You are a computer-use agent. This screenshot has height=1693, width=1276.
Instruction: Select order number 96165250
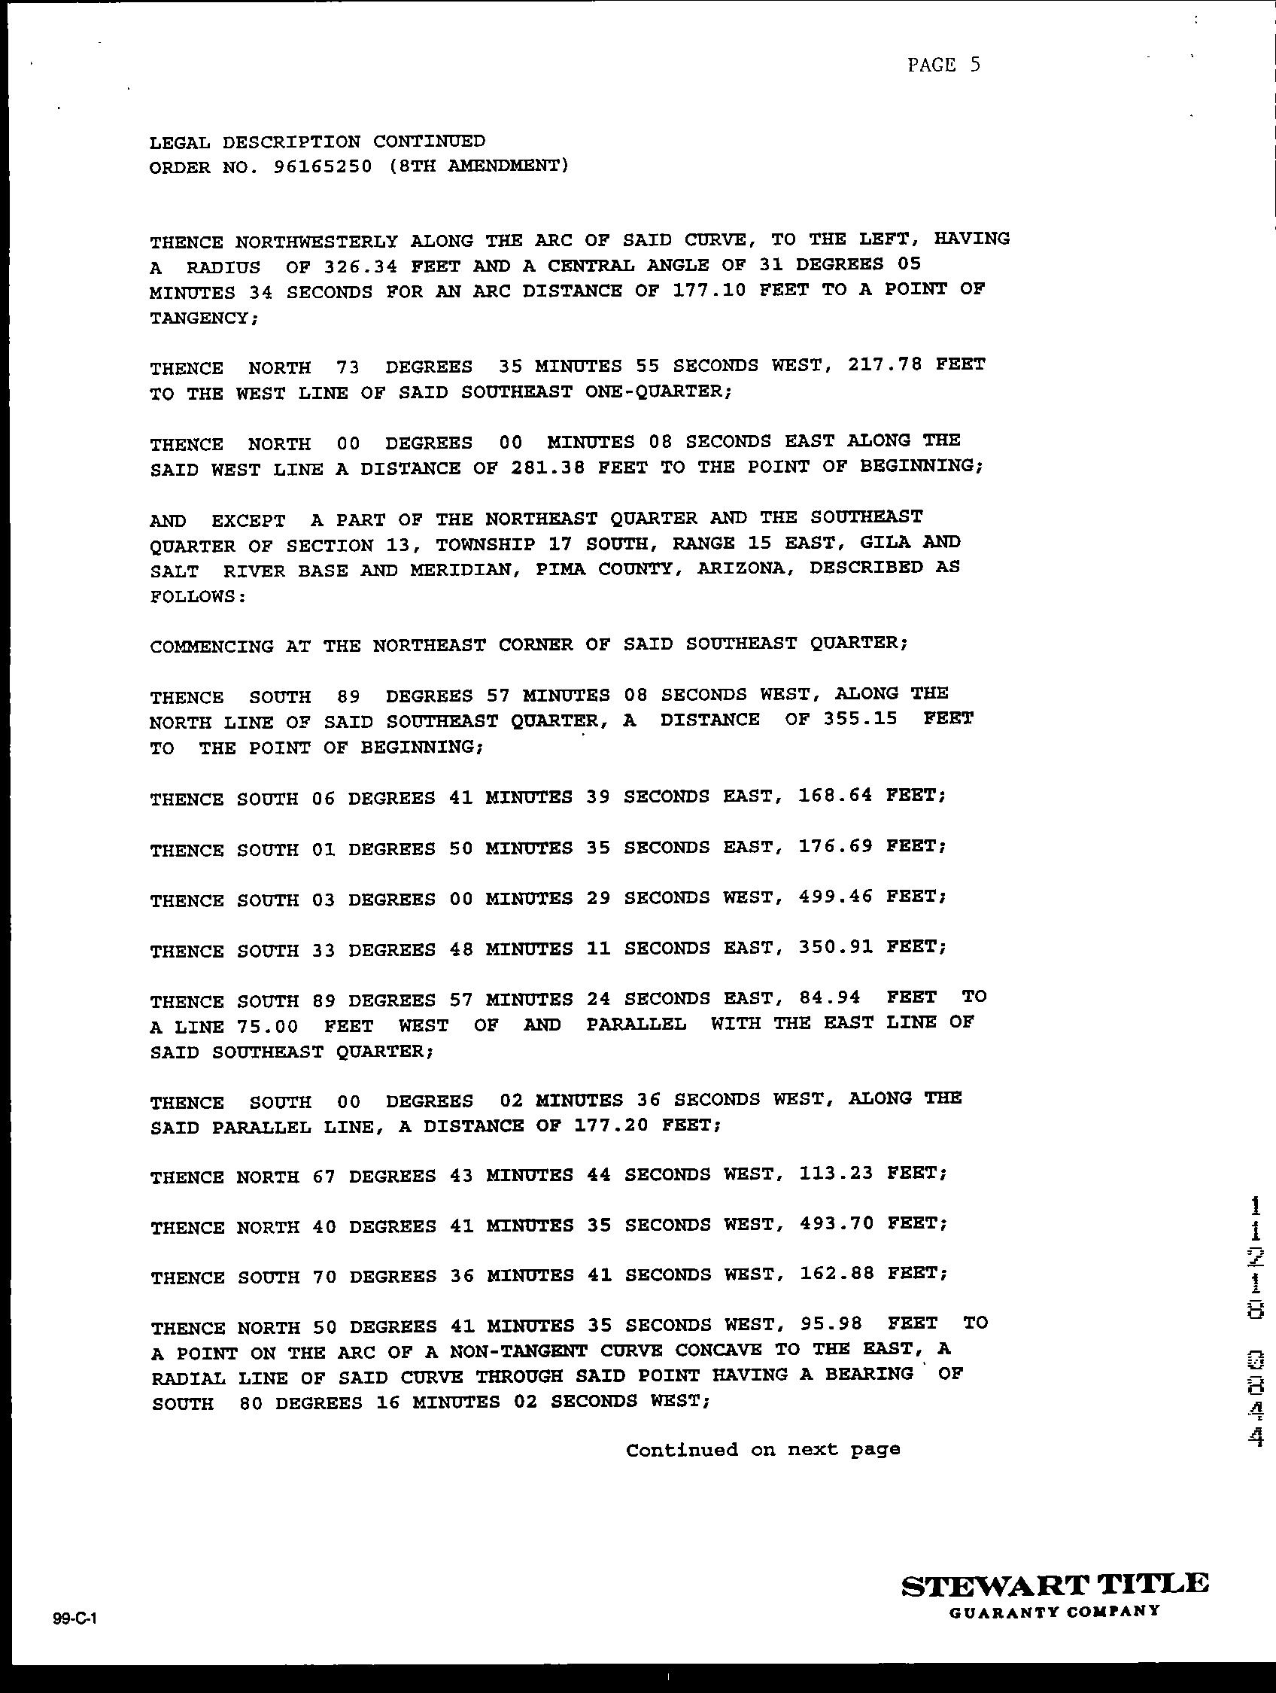(x=322, y=167)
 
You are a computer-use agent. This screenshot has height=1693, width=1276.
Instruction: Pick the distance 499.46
(x=834, y=897)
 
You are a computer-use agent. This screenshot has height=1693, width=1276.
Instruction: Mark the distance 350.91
(x=834, y=948)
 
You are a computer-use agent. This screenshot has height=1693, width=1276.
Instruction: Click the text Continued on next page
(x=763, y=1450)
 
